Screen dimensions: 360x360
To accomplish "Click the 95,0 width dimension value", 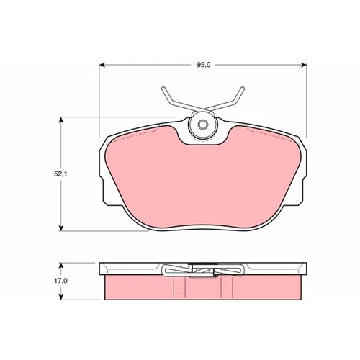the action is [x=204, y=65].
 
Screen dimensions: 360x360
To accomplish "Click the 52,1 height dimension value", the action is [x=60, y=174].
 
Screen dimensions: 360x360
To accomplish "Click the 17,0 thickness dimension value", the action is [x=61, y=281].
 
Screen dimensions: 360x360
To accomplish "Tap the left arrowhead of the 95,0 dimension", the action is [x=102, y=65].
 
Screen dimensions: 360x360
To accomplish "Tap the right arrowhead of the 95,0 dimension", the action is [x=304, y=65].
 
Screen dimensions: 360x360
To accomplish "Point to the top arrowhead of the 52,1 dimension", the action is [x=61, y=120].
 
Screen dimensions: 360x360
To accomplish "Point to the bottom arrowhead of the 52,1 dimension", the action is [x=61, y=228].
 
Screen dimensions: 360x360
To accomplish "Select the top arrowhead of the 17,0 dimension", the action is [x=61, y=266].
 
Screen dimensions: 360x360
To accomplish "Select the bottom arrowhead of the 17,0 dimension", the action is [x=61, y=297].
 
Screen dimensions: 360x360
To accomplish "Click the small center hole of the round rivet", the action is [x=203, y=125].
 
